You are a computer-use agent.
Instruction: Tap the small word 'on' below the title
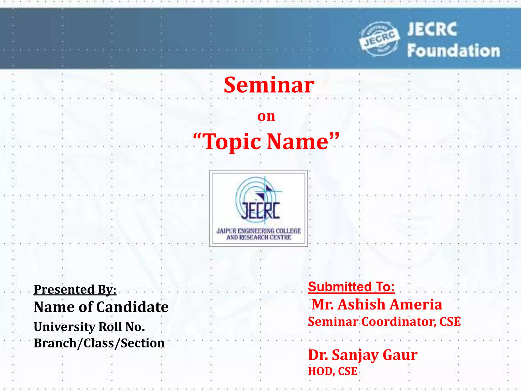click(266, 116)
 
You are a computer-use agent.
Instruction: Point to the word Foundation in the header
click(454, 50)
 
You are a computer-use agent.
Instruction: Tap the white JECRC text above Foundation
click(432, 29)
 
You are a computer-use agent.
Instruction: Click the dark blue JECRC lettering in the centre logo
click(260, 211)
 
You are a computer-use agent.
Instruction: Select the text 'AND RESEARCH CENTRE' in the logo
click(259, 238)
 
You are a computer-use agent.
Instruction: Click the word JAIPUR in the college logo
click(226, 231)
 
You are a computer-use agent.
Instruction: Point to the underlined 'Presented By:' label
click(75, 290)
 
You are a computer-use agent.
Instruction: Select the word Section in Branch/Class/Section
click(142, 343)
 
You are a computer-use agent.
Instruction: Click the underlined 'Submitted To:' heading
click(351, 287)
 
